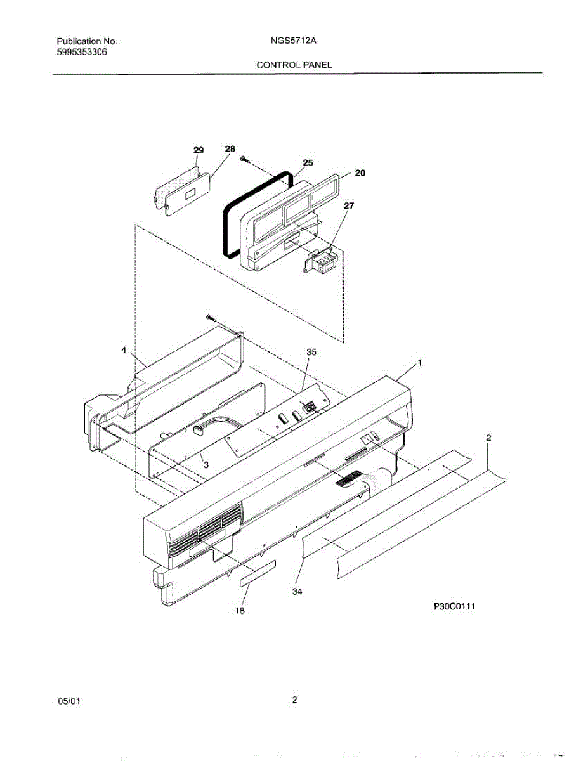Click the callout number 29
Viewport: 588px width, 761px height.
(x=199, y=150)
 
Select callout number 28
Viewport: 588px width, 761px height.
(x=230, y=148)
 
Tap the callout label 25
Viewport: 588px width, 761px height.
(x=308, y=163)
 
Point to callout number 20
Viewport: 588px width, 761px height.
(x=360, y=172)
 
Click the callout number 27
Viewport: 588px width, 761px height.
(x=349, y=205)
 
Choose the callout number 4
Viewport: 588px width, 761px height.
(x=124, y=349)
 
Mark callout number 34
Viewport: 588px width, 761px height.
(x=297, y=592)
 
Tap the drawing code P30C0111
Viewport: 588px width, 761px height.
(x=455, y=607)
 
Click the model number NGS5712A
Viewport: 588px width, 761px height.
(x=293, y=41)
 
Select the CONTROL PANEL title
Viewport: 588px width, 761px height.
(x=294, y=65)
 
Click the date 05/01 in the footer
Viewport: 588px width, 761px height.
(x=69, y=701)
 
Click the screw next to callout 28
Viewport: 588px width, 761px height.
(x=244, y=160)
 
